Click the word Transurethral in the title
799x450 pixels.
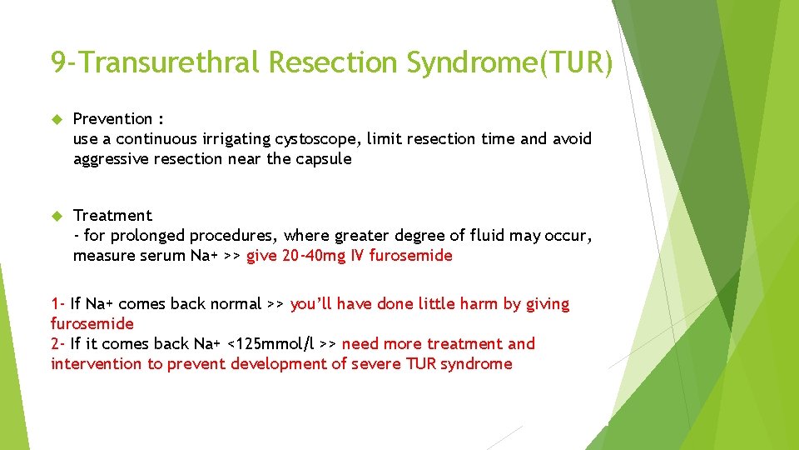[167, 63]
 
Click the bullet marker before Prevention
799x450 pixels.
[57, 119]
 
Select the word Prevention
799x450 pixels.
[112, 119]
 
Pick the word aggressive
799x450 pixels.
[113, 159]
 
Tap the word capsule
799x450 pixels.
[323, 159]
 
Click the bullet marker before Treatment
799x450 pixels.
[57, 216]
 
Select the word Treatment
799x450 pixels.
[112, 216]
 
